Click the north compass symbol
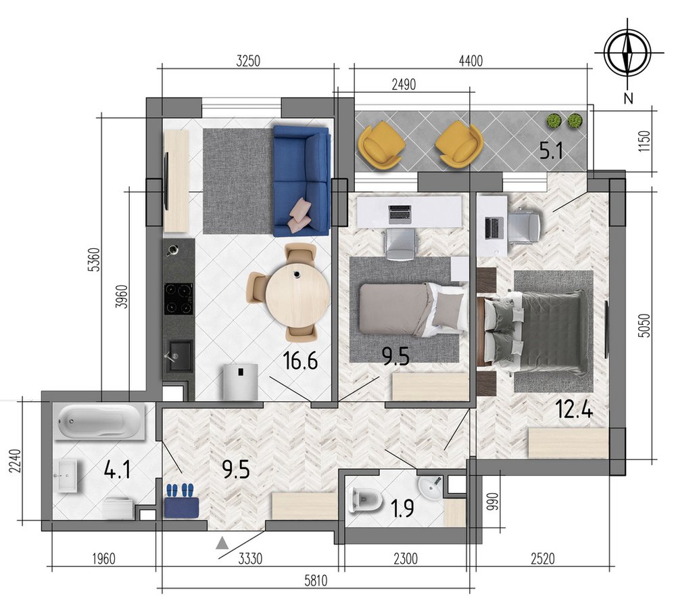628,53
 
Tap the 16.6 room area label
301,361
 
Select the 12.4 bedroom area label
574,409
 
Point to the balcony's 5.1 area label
551,152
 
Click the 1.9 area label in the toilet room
402,508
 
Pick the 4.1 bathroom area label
117,470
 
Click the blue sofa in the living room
302,181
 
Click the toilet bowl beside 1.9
367,499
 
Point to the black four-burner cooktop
178,298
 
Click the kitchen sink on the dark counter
179,356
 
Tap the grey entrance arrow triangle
222,543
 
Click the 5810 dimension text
316,581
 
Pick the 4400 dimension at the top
470,62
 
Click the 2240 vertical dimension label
15,461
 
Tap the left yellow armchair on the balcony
382,143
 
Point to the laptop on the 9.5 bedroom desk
400,214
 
